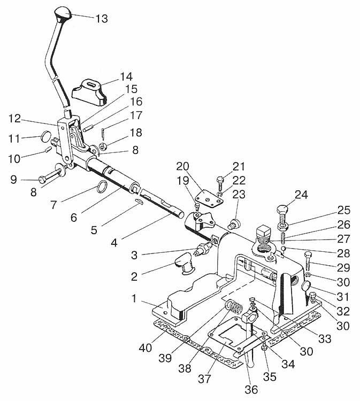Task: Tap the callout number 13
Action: pyautogui.click(x=102, y=19)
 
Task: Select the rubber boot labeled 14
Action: pyautogui.click(x=89, y=92)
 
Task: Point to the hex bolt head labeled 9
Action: pyautogui.click(x=43, y=180)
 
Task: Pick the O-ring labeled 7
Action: pyautogui.click(x=102, y=186)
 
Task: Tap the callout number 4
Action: pyautogui.click(x=114, y=243)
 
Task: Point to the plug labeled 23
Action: pyautogui.click(x=234, y=223)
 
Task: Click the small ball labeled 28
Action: pyautogui.click(x=284, y=249)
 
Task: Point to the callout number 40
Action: pyautogui.click(x=145, y=348)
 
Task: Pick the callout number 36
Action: pyautogui.click(x=251, y=390)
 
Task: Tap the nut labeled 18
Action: pyautogui.click(x=103, y=147)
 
